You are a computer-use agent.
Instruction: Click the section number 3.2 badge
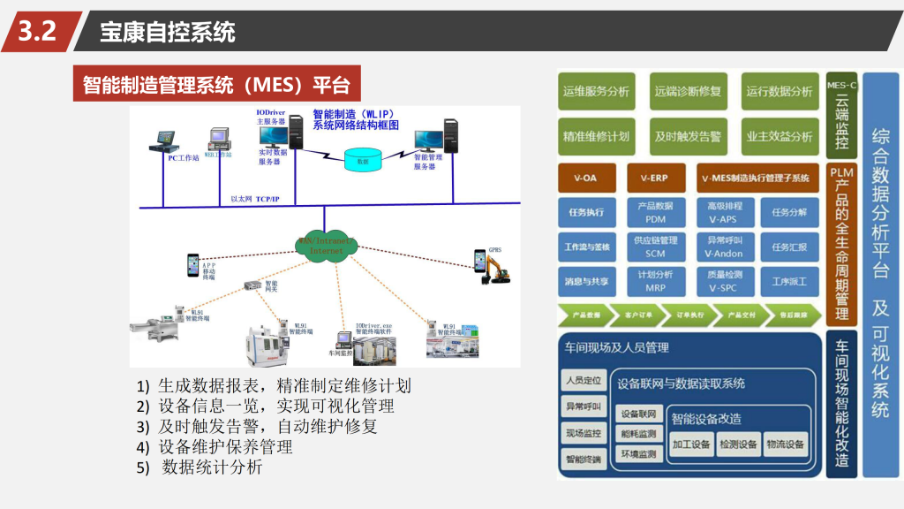point(37,32)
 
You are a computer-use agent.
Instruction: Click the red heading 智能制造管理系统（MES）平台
point(216,85)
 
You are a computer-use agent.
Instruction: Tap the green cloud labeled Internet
point(326,245)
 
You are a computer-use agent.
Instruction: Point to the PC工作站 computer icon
point(164,142)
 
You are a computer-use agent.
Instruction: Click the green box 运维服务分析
point(596,91)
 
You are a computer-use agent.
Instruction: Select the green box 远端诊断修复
point(688,91)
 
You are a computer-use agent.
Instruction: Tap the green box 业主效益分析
point(780,136)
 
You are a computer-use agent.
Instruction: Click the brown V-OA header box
point(585,179)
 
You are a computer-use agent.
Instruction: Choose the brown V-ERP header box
point(655,179)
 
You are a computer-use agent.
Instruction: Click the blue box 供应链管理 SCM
point(655,247)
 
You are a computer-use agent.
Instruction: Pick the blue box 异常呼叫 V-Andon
point(724,247)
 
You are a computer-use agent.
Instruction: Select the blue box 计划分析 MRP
point(655,281)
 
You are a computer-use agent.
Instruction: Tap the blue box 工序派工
point(789,282)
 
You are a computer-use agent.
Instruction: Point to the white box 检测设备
point(738,444)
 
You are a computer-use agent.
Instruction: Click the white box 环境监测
point(638,454)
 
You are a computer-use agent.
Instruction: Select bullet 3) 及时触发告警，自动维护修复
point(257,427)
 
